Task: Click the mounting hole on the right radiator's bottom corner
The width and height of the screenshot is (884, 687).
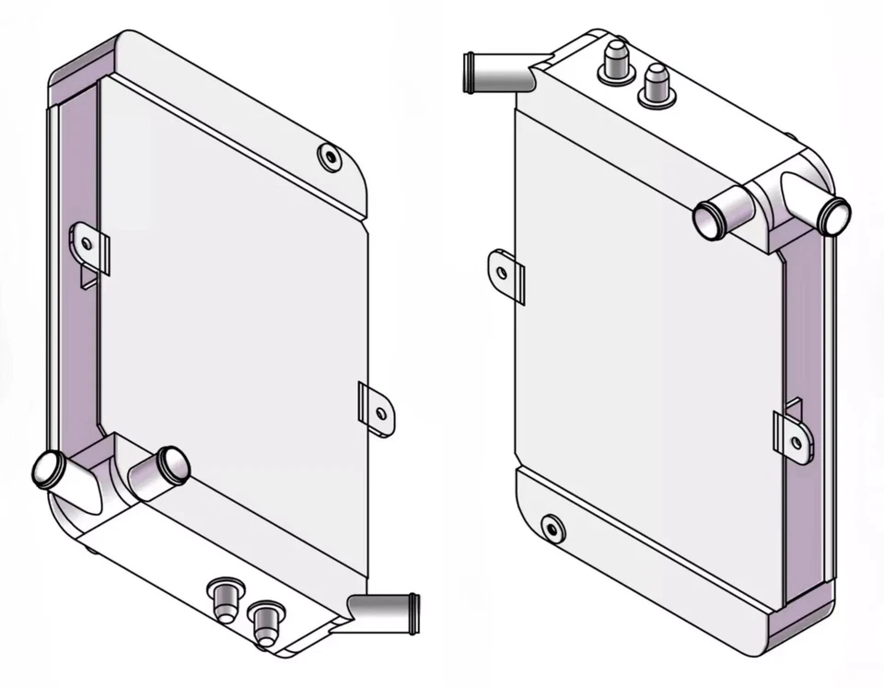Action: point(552,528)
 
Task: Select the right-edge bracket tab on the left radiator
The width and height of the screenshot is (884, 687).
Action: point(377,411)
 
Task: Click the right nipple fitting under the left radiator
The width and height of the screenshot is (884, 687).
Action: point(266,620)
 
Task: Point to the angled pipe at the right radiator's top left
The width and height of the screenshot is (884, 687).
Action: point(497,73)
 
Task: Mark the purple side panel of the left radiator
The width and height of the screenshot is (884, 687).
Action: point(78,276)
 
